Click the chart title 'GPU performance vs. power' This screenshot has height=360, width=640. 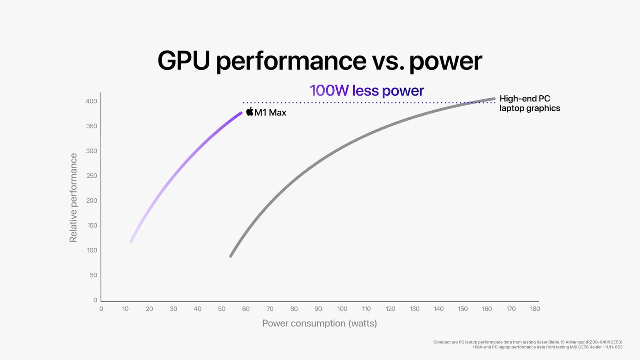[320, 61]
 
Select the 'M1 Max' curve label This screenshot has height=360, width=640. [270, 113]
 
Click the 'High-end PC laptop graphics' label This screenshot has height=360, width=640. [529, 103]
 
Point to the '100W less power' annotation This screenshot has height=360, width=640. [366, 90]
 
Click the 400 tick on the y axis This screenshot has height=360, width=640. [91, 101]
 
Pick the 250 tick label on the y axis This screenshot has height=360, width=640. [91, 176]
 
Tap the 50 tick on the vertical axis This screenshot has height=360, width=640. [93, 275]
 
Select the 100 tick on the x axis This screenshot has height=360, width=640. [342, 309]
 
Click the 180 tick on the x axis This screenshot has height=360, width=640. [535, 309]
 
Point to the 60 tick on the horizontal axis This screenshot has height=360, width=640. [246, 309]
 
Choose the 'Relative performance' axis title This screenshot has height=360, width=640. [73, 198]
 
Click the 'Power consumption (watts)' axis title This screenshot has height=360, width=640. [319, 323]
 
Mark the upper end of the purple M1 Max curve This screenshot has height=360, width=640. [241, 113]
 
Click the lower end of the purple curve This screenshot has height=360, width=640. [131, 241]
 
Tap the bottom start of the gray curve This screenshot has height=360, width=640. [231, 256]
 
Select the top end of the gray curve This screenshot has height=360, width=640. [494, 99]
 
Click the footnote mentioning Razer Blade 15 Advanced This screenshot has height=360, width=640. [528, 342]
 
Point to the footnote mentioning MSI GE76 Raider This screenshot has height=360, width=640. [548, 347]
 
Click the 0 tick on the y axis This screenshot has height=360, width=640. [95, 300]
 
